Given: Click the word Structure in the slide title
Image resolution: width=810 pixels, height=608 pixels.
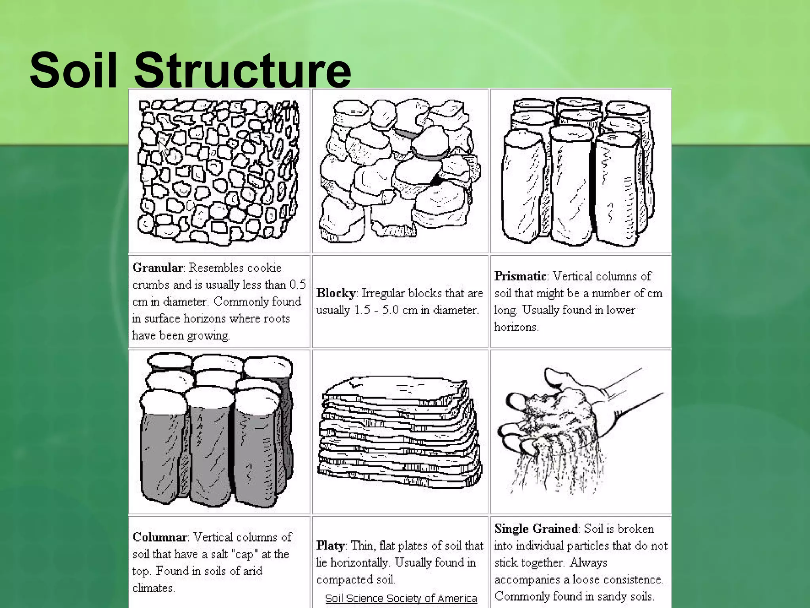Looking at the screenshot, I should point(242,70).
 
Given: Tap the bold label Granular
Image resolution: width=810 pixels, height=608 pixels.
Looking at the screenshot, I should point(157,268).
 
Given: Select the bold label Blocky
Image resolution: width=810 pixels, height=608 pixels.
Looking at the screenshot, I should point(336,293).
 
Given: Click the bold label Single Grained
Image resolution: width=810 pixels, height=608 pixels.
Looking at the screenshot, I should point(536,529).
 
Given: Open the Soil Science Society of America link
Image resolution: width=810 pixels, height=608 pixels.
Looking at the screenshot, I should point(401,598).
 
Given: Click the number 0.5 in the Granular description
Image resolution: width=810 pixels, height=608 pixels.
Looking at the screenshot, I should point(297,285).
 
